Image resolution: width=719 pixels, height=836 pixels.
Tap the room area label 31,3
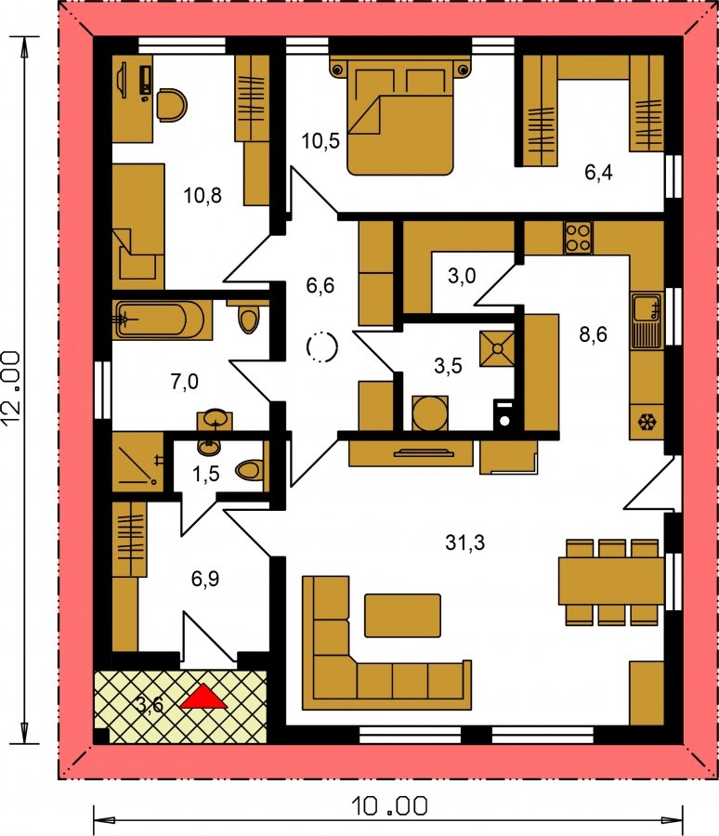pos(465,542)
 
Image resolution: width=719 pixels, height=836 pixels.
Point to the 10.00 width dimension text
pos(389,806)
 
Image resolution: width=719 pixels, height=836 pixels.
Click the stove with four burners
pos(578,238)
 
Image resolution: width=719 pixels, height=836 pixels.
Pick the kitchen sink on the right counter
pos(647,320)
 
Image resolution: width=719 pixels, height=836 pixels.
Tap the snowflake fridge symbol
pos(647,423)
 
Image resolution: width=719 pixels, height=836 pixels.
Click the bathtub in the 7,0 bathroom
pos(159,320)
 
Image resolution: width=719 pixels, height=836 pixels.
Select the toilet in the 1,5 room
pos(251,470)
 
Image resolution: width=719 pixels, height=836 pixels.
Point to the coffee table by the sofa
pos(403,615)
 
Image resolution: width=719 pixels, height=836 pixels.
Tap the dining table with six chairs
pos(611,581)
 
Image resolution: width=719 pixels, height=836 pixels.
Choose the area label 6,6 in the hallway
pos(320,285)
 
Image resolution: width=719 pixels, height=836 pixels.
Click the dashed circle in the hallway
pos(322,347)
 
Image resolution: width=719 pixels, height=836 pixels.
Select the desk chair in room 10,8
pos(172,104)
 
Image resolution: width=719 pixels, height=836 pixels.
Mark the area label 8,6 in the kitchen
pos(593,334)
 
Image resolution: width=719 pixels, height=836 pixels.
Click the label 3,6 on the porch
pos(150,704)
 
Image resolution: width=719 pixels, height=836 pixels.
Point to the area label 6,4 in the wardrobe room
pos(598,172)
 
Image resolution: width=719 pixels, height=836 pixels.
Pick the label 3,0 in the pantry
pos(462,276)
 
